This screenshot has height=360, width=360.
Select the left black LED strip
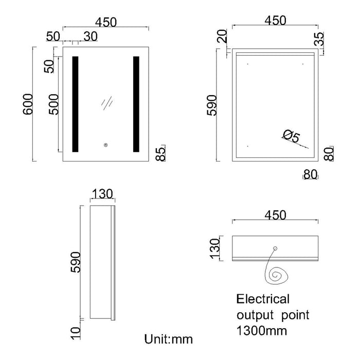75,104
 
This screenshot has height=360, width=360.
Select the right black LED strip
136,104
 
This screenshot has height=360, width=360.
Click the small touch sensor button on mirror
105,145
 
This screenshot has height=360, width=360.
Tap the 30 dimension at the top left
91,36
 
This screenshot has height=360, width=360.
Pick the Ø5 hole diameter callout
291,136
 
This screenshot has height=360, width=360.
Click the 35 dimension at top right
320,40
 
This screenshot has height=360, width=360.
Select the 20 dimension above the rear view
222,37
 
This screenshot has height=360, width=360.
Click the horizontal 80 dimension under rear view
310,174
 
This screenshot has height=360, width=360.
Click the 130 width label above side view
103,194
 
